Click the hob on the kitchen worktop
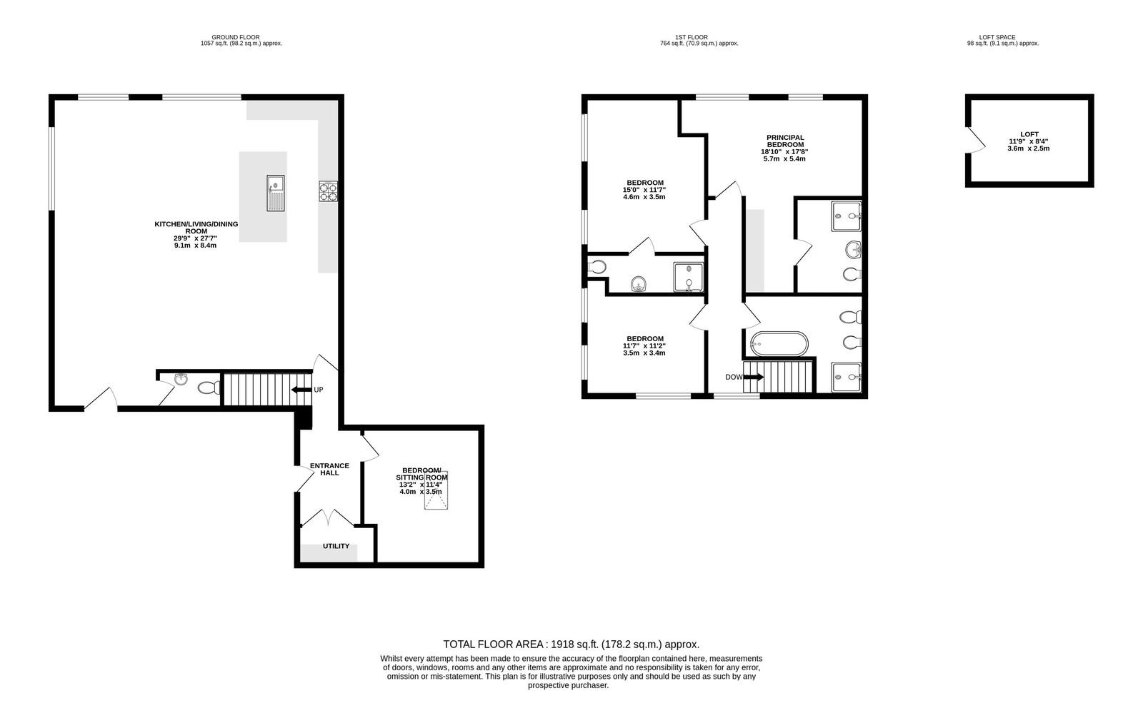[328, 191]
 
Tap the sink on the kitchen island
[276, 193]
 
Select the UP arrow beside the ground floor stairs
[301, 390]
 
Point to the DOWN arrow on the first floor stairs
[754, 377]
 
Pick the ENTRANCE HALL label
[329, 469]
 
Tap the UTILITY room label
[336, 546]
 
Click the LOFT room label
[1029, 135]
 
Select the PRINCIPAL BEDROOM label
[785, 141]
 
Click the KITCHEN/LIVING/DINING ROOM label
[196, 228]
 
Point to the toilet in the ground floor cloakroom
[209, 388]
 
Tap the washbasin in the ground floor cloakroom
[181, 379]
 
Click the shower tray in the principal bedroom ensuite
[847, 216]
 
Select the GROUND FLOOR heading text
[236, 37]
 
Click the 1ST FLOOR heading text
[692, 37]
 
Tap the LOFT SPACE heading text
[997, 37]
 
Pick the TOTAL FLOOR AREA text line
[571, 644]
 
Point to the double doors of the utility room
[328, 517]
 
